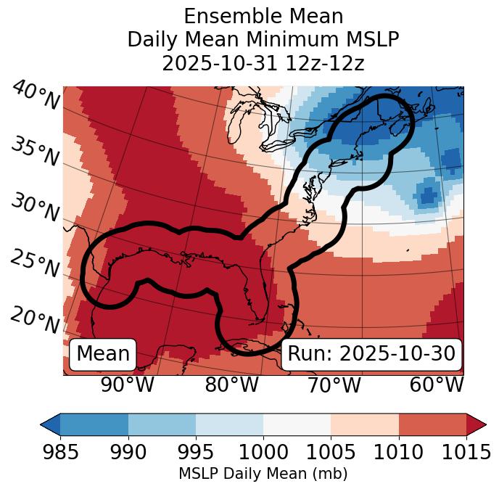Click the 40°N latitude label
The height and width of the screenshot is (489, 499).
click(36, 96)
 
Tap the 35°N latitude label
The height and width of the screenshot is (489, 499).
click(35, 152)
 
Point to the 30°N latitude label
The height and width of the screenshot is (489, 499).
click(35, 207)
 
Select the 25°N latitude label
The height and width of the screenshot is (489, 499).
click(35, 263)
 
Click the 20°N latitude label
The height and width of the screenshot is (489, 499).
click(35, 319)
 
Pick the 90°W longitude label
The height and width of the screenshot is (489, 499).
click(127, 385)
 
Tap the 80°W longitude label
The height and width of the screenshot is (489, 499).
click(231, 385)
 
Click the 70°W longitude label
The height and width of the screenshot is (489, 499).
click(333, 385)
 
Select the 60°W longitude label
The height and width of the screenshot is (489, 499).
click(436, 385)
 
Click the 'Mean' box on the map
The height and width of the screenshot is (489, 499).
click(103, 354)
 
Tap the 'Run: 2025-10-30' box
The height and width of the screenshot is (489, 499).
click(371, 354)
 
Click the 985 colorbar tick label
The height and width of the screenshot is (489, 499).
click(60, 453)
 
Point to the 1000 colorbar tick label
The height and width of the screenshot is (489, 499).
click(263, 453)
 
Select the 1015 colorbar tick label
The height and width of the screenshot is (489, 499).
click(466, 453)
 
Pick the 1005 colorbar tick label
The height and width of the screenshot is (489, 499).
click(331, 453)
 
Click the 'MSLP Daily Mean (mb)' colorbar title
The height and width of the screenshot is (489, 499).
click(263, 474)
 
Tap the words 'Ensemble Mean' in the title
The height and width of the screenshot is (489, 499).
click(263, 17)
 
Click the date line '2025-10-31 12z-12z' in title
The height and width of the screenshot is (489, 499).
click(263, 63)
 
